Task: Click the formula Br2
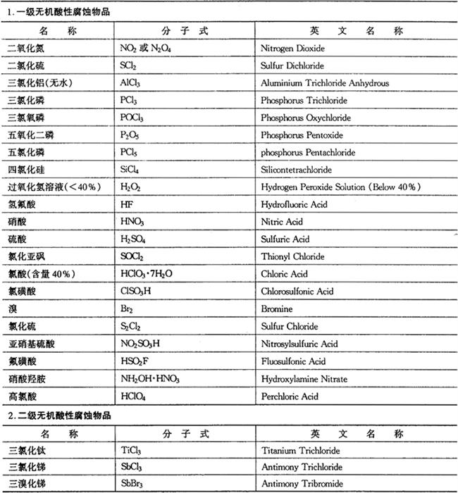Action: point(128,309)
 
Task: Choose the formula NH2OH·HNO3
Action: point(151,379)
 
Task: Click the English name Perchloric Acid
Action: point(290,397)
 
